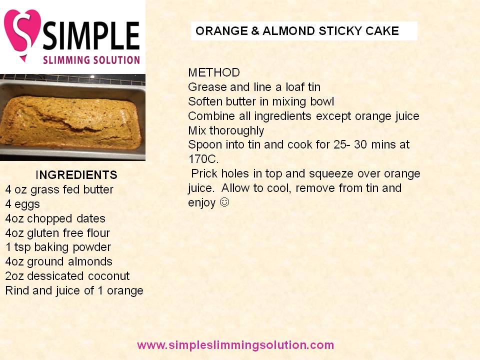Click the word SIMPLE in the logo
[91, 35]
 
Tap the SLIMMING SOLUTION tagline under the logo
[91, 59]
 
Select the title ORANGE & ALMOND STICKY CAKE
[297, 31]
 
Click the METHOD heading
[214, 72]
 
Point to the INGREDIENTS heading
[76, 175]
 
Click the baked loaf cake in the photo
[71, 122]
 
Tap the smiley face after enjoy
[224, 202]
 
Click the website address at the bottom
[235, 345]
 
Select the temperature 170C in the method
[203, 159]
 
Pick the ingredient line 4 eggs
[22, 204]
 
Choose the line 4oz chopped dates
[55, 218]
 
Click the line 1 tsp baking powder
[58, 247]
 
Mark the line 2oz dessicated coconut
[67, 276]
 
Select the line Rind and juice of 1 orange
[74, 290]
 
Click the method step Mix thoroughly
[226, 130]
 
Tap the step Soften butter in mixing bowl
[261, 101]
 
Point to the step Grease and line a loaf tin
[254, 87]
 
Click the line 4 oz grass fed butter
[59, 190]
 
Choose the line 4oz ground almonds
[58, 261]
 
